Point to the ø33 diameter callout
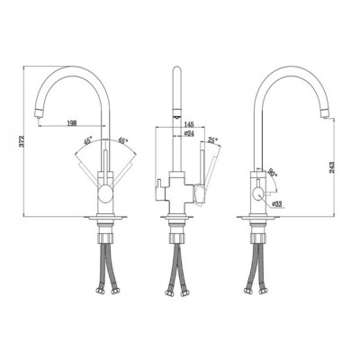pos(277,204)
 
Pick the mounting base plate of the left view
pos(104,219)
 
